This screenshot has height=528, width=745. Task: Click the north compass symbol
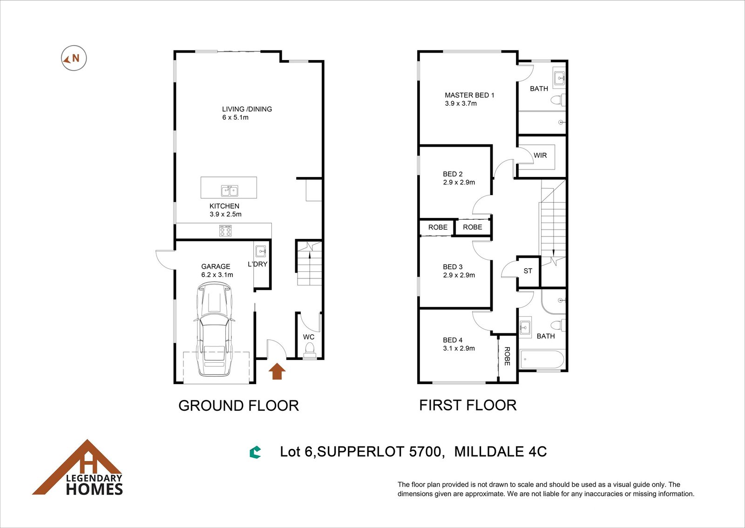point(74,58)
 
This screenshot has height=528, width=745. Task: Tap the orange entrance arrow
point(277,371)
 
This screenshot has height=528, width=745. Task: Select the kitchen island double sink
point(230,191)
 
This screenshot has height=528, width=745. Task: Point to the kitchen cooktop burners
point(225,231)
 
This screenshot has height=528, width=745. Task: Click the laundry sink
point(260,251)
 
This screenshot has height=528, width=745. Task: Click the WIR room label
point(540,155)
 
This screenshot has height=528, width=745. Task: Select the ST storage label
point(528,271)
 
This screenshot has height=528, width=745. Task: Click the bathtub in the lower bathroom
point(542,359)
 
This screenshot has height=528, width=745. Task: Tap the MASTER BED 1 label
point(470,95)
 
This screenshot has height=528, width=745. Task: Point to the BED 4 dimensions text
point(459,348)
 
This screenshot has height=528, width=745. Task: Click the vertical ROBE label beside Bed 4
point(507,356)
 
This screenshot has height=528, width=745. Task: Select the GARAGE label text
point(216,266)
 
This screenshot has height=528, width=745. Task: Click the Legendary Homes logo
point(78,467)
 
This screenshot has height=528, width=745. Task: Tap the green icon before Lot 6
point(255,453)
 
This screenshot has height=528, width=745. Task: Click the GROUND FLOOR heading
point(238,406)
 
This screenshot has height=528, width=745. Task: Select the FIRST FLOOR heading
point(467,405)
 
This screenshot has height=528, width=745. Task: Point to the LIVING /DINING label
point(247,109)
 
